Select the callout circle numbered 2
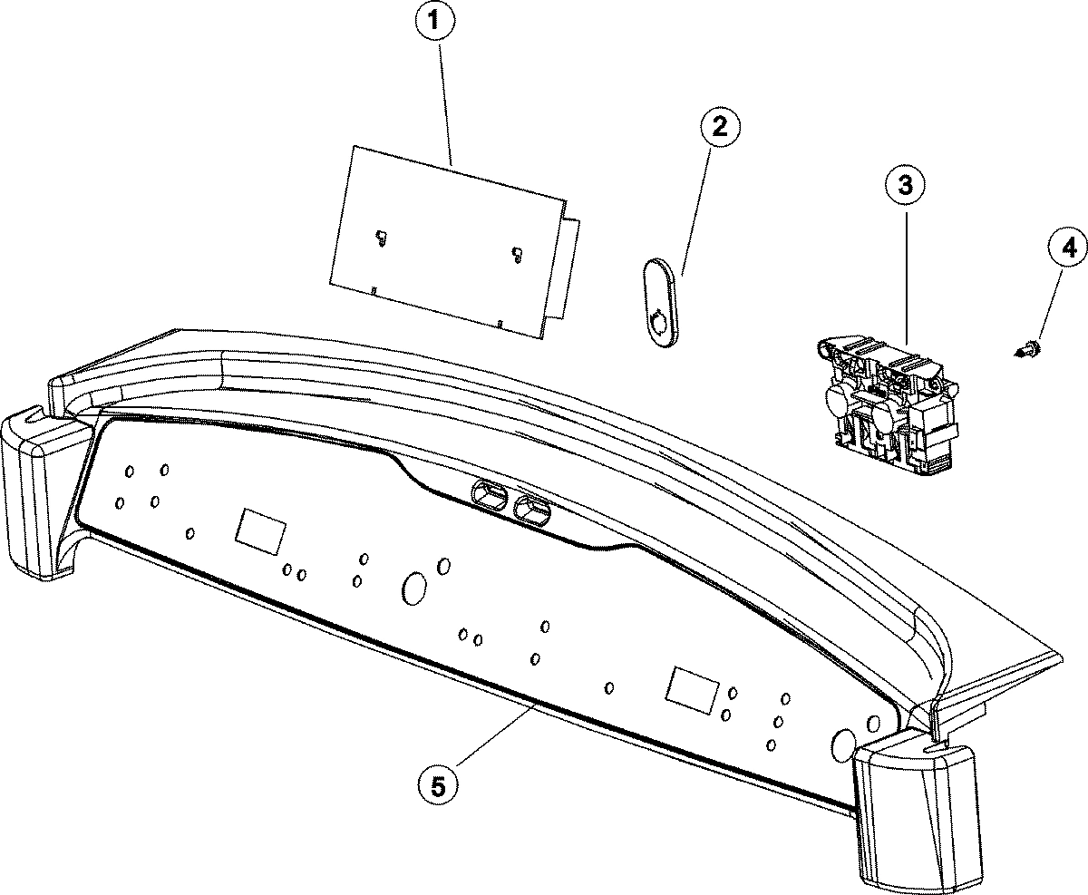[x=718, y=127]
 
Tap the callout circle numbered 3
[x=905, y=186]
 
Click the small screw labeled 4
[x=1028, y=347]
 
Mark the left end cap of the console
[x=41, y=494]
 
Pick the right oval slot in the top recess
[x=532, y=511]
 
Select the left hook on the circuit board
[x=382, y=238]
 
